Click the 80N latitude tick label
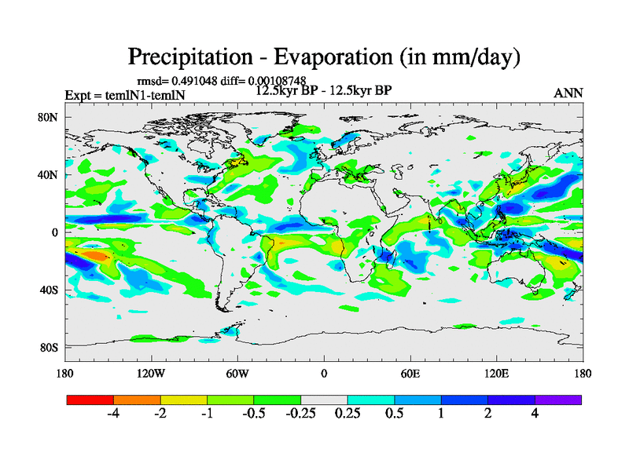click(48, 118)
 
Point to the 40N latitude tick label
click(48, 175)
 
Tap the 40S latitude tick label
click(49, 290)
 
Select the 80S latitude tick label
click(49, 347)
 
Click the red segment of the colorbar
click(90, 400)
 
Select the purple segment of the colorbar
click(558, 400)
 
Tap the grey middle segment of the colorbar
click(324, 400)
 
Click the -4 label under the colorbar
click(113, 414)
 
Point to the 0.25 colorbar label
click(348, 414)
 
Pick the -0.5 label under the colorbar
click(253, 414)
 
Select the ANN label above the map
click(568, 93)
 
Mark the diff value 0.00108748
click(279, 80)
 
